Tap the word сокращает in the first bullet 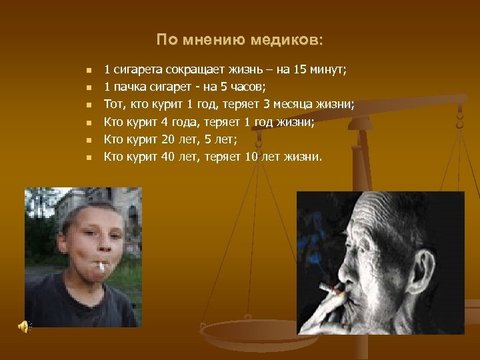tap(185, 69)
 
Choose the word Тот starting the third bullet tap(113, 105)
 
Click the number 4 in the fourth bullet tap(163, 123)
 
